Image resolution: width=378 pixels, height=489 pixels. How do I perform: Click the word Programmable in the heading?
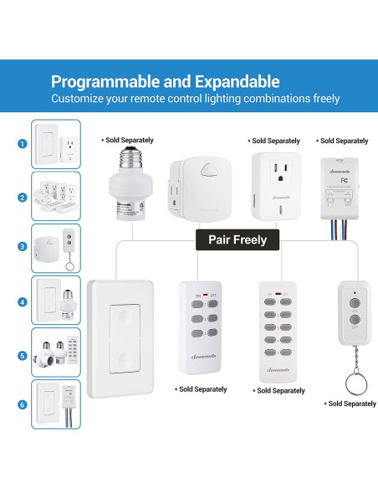(x=102, y=82)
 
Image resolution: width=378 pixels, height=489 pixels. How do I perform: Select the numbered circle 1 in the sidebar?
(x=21, y=143)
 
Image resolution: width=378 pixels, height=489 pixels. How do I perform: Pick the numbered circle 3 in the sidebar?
(x=21, y=246)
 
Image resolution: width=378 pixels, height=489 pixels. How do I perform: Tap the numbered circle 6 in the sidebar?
(x=21, y=404)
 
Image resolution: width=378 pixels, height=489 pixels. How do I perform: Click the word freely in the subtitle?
(x=321, y=99)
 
